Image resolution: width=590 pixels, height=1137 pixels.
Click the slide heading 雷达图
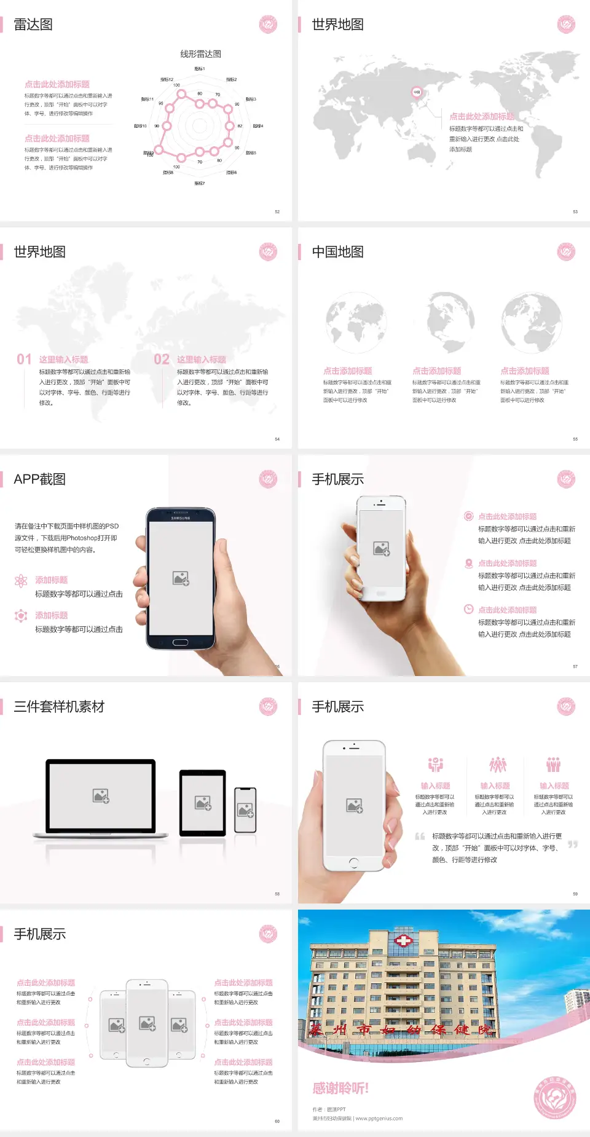tap(33, 25)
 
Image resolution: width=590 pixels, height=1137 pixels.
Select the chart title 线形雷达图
tap(200, 54)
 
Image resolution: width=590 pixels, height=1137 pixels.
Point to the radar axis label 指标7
tap(200, 183)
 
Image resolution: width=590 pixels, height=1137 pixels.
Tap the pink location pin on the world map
tap(416, 92)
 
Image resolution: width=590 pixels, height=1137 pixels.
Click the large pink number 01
tap(24, 360)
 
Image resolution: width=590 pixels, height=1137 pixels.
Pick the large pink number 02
tap(162, 360)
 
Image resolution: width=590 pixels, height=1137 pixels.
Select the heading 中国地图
tap(337, 252)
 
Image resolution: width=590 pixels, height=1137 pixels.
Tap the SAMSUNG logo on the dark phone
tap(181, 518)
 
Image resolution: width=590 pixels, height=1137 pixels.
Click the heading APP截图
tap(40, 479)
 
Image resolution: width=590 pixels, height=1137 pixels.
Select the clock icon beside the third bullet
tap(468, 609)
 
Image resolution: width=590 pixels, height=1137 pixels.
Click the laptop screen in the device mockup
tap(101, 795)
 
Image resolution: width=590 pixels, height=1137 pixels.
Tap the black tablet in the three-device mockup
tap(202, 803)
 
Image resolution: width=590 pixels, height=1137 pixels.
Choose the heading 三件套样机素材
tap(59, 707)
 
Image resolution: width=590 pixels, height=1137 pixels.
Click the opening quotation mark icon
tap(420, 836)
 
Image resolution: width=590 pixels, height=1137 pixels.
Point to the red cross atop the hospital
tap(403, 940)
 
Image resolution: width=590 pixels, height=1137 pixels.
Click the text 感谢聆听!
tap(340, 1088)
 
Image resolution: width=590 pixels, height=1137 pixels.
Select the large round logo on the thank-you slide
tap(555, 1098)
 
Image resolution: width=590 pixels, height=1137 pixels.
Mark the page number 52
tap(277, 212)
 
